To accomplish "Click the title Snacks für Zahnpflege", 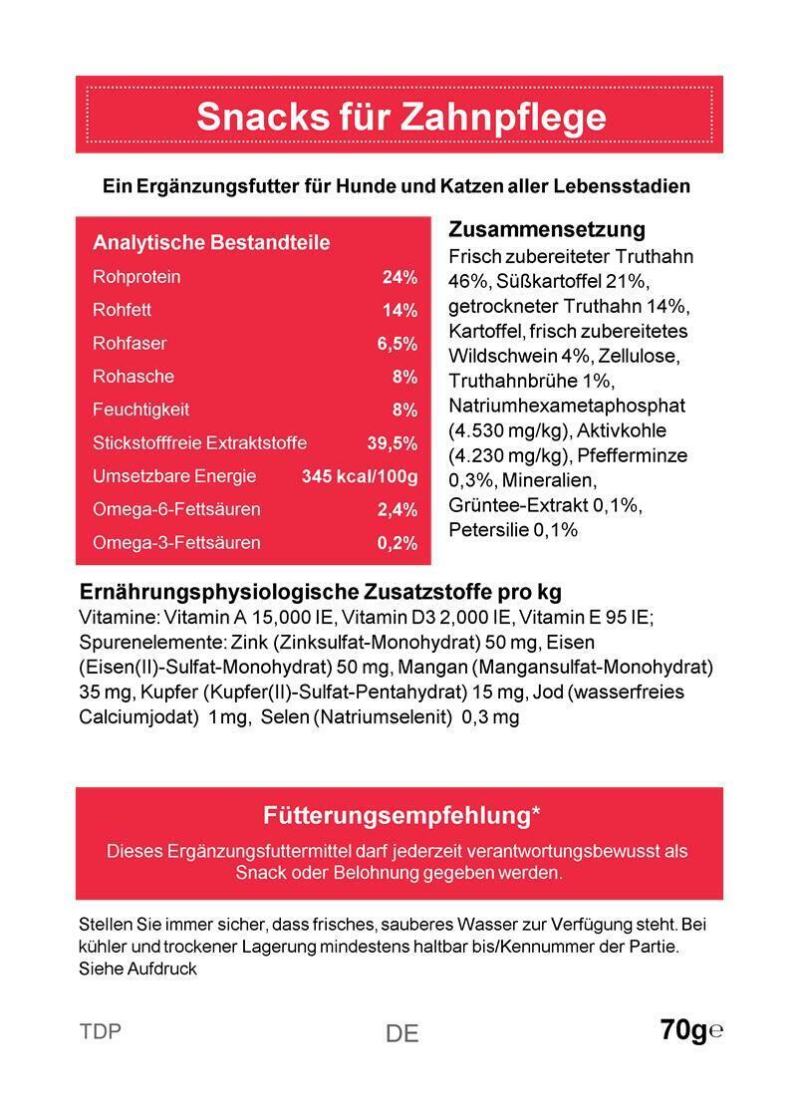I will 400,117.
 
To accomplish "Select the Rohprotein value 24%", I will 399,277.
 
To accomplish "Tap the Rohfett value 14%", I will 399,310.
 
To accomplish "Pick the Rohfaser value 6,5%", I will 397,344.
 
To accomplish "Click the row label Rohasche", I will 133,377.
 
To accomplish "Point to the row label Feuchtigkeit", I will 140,410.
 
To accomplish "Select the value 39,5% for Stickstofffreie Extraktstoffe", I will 393,443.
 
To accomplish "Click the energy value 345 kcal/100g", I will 360,476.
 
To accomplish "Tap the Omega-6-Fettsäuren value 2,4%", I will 397,510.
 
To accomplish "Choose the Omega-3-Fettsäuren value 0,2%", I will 397,543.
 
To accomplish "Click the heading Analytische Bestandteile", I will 211,243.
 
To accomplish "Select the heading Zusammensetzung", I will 547,230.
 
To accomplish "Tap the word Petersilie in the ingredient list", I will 488,530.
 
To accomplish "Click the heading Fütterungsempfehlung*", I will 401,815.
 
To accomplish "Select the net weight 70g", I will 683,1030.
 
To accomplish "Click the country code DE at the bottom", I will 401,1034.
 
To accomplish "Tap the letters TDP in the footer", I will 100,1031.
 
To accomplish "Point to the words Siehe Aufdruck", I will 137,968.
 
